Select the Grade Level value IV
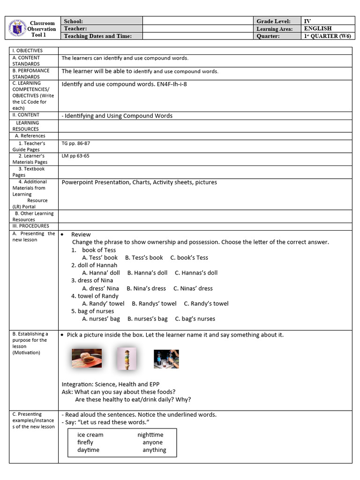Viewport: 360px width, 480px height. click(307, 21)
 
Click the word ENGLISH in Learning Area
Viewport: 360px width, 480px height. click(317, 29)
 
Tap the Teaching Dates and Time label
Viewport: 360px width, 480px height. click(97, 36)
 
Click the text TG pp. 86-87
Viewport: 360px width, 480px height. click(75, 143)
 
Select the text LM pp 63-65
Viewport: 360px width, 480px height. click(75, 156)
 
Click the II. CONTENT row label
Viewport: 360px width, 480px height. click(26, 115)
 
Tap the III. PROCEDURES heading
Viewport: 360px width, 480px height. click(30, 226)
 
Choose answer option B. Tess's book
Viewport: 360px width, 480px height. click(144, 257)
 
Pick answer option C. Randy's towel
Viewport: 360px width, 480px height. click(206, 303)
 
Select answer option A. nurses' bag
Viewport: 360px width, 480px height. click(101, 319)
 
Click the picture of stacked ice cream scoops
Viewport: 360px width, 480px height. click(127, 358)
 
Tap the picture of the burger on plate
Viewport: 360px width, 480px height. click(87, 358)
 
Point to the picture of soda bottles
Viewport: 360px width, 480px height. click(166, 359)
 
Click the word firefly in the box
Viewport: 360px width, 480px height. click(85, 442)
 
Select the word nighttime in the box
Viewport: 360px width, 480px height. click(150, 435)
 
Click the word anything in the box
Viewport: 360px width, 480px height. click(154, 450)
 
